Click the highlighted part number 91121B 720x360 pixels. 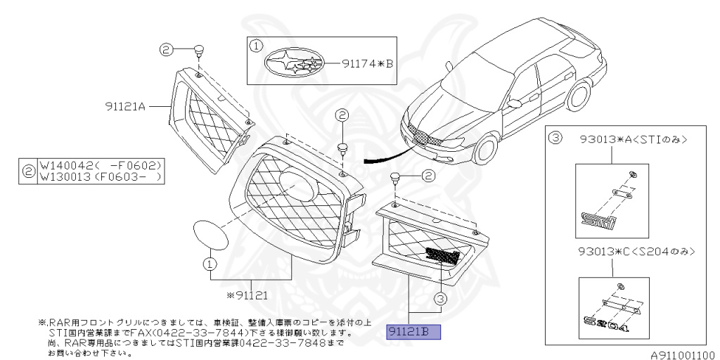(x=413, y=332)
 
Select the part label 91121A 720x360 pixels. (x=125, y=106)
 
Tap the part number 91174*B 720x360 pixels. (x=368, y=63)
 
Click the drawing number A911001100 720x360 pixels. (x=681, y=354)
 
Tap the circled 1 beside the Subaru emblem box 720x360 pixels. (x=257, y=46)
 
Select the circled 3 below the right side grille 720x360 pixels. (x=440, y=299)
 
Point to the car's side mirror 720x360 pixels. (x=514, y=103)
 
